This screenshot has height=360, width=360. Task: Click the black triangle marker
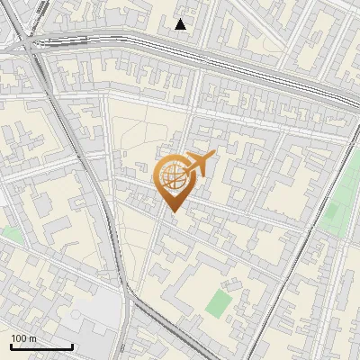coord(181,24)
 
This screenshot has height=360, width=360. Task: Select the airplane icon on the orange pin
coord(198,164)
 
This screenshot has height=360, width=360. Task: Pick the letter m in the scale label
coord(33,338)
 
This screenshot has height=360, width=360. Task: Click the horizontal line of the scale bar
coord(41,346)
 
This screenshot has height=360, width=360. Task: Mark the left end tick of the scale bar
coord(11,345)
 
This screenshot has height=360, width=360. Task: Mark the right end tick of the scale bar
coord(72,345)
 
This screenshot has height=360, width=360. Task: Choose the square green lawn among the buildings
coord(219,303)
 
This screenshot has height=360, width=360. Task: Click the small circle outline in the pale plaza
coord(76,314)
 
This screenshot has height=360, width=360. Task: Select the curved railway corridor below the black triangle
coord(180,49)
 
